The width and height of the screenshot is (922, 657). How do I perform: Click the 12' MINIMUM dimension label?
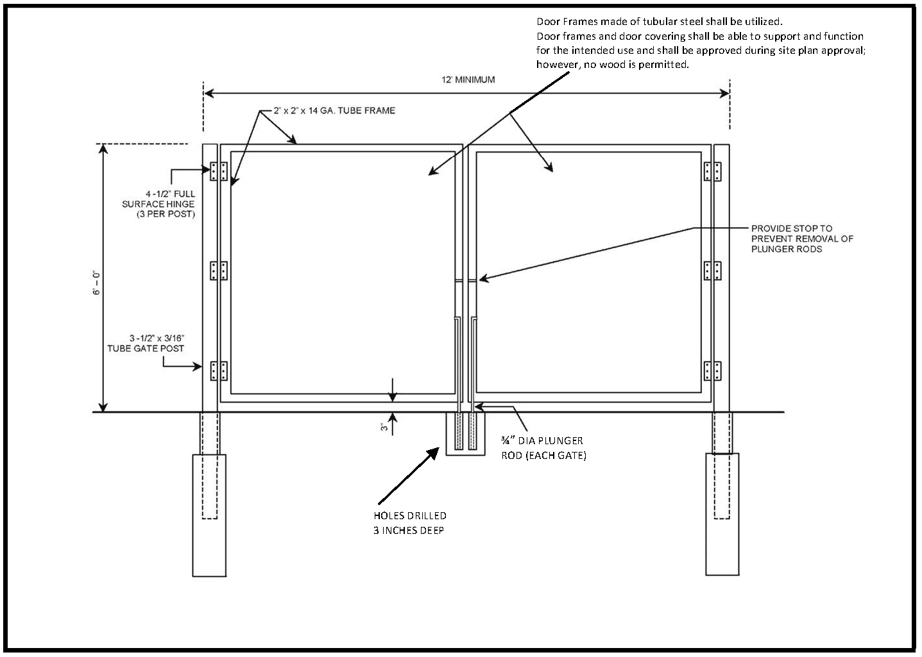468,80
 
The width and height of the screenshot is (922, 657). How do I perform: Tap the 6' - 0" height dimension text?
96,282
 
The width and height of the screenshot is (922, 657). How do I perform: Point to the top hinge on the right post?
712,171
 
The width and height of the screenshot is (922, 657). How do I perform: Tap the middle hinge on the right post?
712,271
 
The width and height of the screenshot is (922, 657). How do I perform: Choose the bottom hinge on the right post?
712,370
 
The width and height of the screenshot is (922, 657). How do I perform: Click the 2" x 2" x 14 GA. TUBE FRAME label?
334,111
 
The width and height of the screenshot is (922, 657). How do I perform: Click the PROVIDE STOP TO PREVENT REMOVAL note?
802,238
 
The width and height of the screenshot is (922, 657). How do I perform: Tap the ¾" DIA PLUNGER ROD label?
543,448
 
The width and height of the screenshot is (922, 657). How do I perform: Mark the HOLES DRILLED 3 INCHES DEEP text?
410,523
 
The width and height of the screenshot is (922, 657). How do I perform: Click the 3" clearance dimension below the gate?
384,428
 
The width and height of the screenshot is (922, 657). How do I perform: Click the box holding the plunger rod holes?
465,435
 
